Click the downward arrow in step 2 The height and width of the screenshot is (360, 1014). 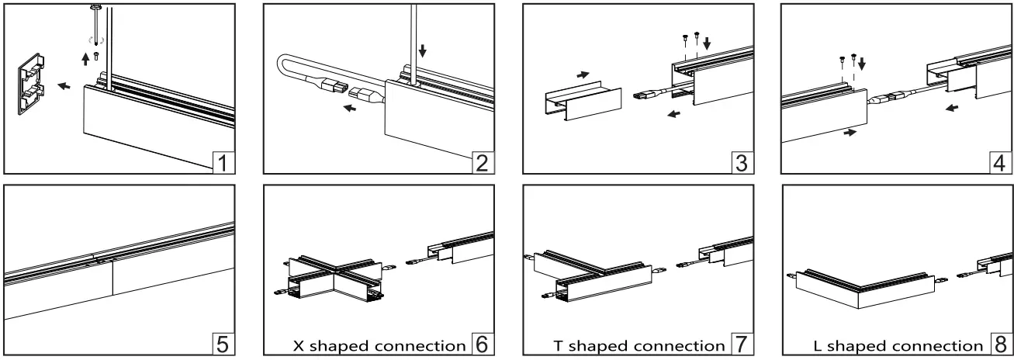(422, 51)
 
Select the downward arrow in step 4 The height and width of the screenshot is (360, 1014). (861, 61)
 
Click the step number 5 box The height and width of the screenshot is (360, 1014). (222, 341)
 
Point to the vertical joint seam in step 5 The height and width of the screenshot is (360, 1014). (113, 278)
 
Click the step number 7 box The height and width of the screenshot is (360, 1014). (741, 342)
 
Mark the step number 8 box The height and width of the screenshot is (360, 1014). (1000, 342)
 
